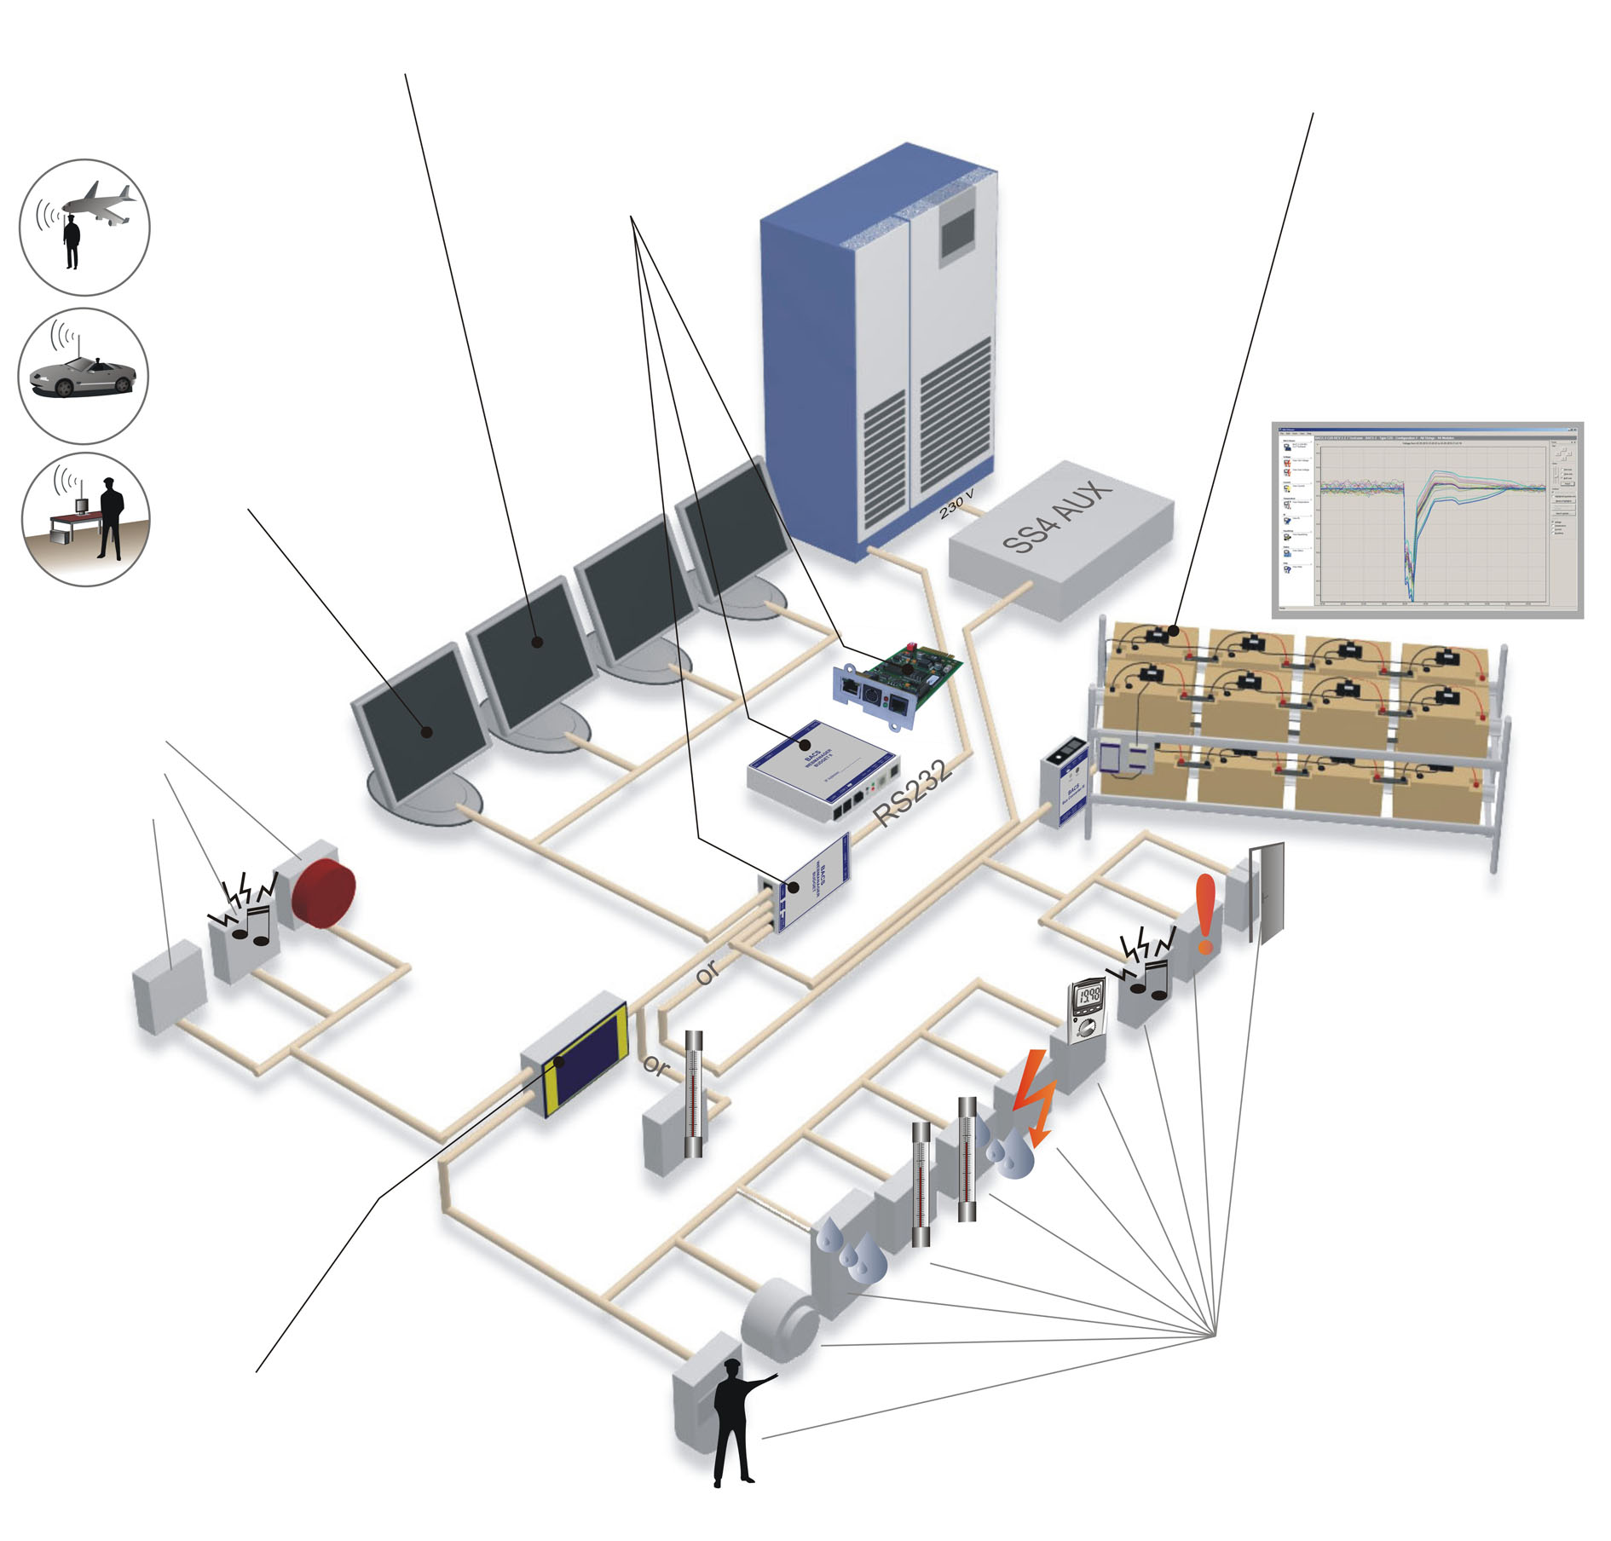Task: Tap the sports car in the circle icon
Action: [81, 375]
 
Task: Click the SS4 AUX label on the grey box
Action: [1057, 517]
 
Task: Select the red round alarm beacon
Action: [322, 892]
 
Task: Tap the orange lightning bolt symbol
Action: [1034, 1097]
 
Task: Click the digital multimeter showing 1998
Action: [1088, 1009]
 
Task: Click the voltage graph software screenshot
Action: [1427, 519]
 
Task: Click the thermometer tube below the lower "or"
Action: [695, 1095]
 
